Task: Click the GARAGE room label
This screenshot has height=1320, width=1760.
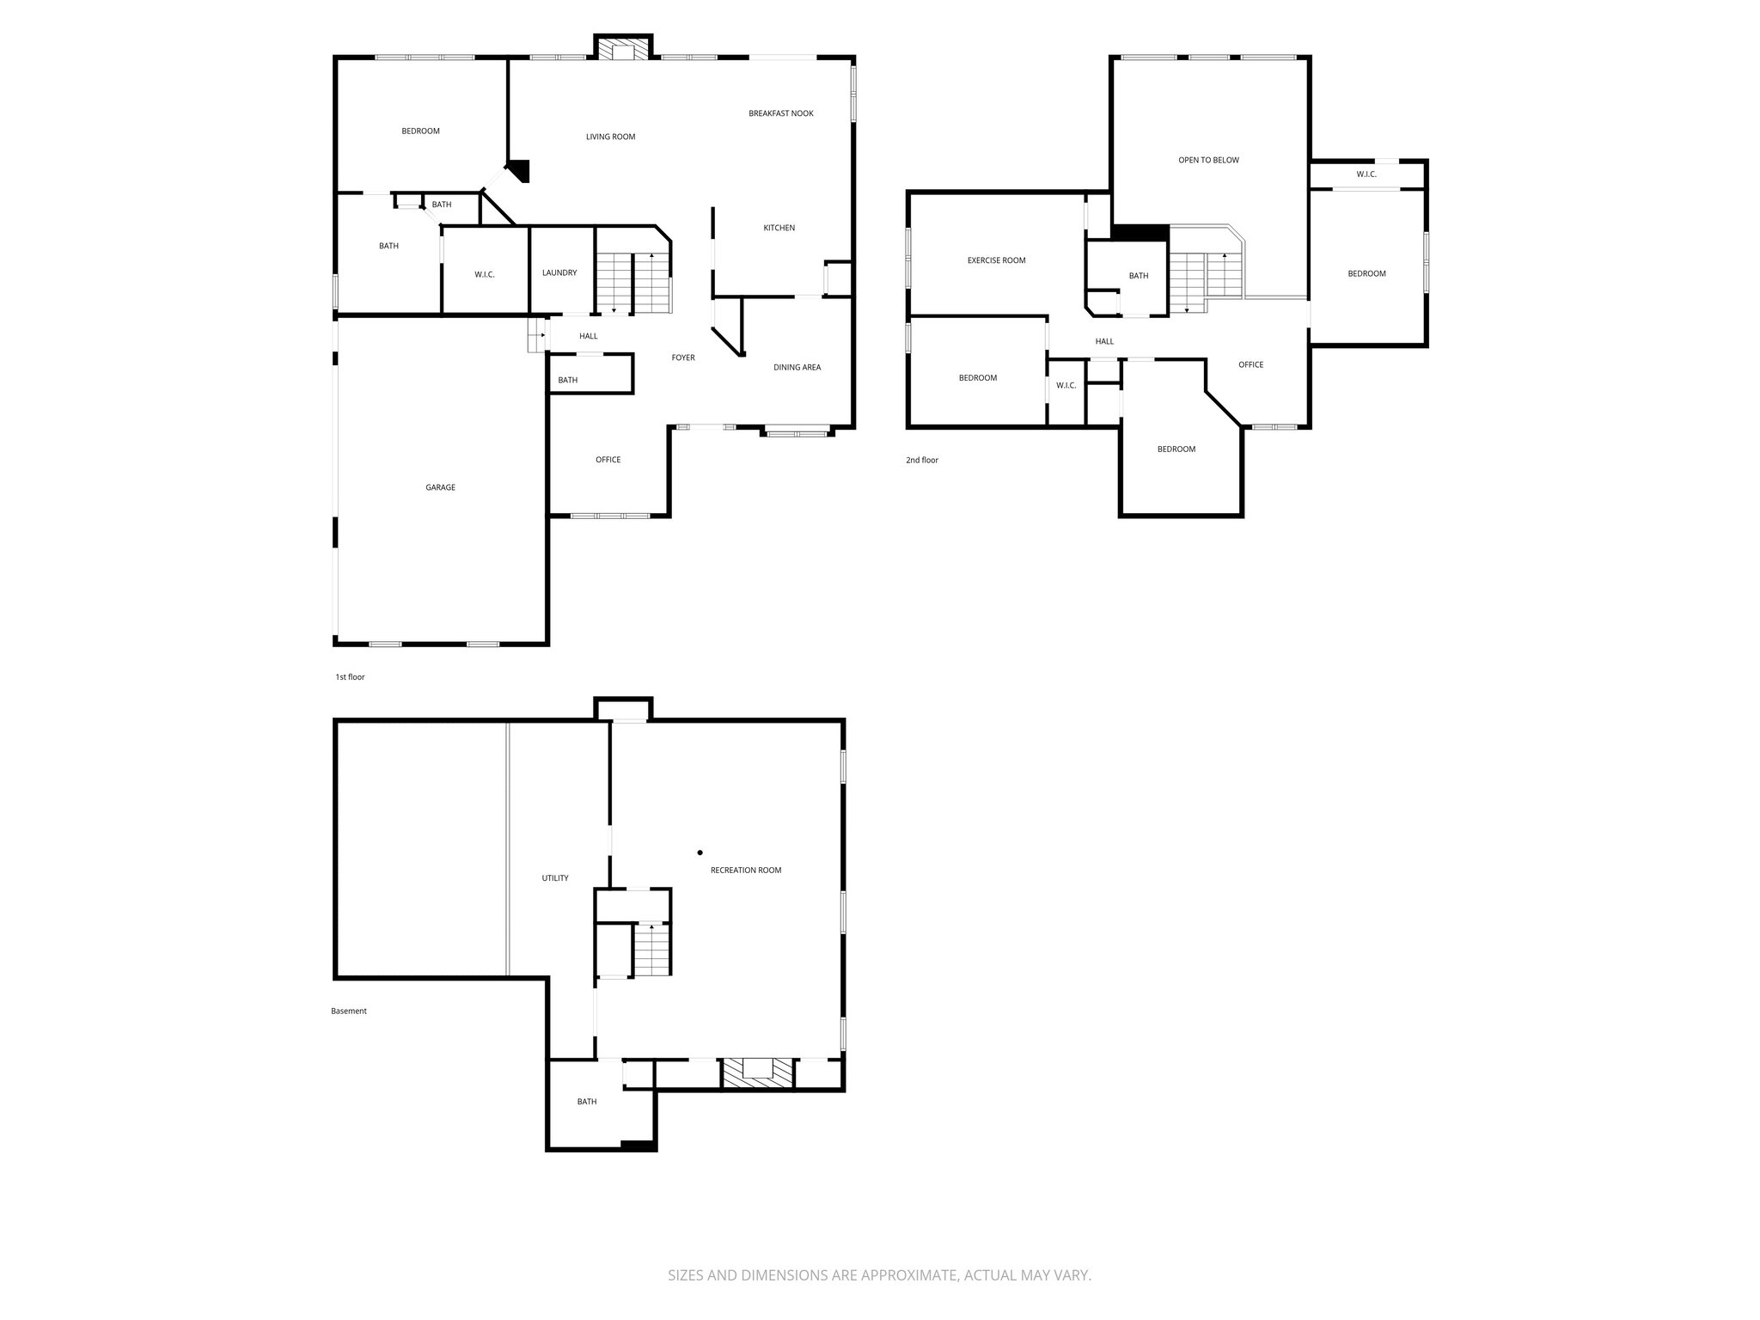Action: [440, 487]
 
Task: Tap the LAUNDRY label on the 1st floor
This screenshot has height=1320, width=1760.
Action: [559, 272]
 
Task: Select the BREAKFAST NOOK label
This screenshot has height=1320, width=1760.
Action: [780, 113]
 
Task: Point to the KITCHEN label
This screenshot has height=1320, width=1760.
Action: [779, 228]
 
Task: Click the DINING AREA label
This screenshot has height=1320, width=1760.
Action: [797, 367]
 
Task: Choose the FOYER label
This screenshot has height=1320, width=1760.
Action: [683, 357]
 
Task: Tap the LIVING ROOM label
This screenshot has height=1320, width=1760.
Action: [610, 137]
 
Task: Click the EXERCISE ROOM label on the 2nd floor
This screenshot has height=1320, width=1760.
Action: [996, 260]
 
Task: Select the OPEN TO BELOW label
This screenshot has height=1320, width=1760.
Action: [1208, 160]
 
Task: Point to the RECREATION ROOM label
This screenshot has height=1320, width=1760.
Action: [745, 870]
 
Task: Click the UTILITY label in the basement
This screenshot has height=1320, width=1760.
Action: [554, 878]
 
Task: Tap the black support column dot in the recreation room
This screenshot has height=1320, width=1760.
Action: [700, 852]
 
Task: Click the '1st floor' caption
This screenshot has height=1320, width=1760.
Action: [350, 677]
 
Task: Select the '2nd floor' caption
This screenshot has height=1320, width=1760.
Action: [922, 461]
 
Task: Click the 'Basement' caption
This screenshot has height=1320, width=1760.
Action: [349, 1011]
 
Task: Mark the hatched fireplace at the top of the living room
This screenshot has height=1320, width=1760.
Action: [623, 50]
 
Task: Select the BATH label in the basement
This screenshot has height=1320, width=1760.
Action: [586, 1102]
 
